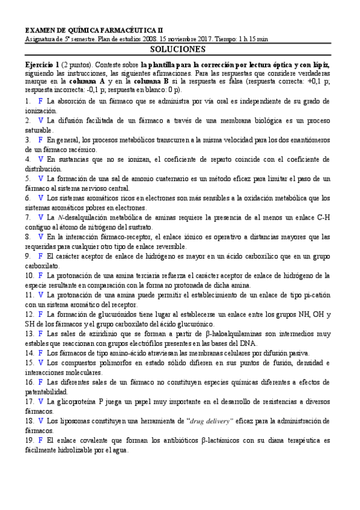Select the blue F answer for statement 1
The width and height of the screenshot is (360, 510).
point(40,101)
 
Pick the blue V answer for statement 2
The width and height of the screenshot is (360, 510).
point(40,120)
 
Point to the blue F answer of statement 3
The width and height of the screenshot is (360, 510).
point(40,140)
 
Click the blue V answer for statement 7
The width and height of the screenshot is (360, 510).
point(40,217)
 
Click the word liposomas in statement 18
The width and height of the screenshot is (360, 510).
point(71,421)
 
